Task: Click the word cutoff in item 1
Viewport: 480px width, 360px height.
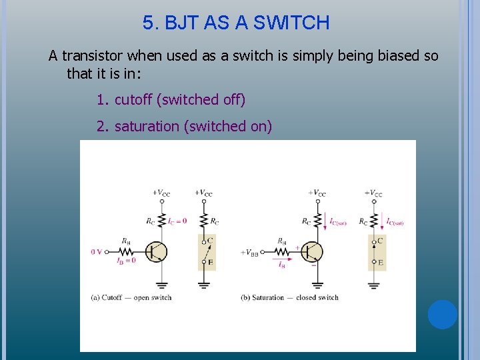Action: (133, 100)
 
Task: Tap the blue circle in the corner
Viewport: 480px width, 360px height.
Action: (442, 315)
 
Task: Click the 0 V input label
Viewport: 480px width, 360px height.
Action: (97, 252)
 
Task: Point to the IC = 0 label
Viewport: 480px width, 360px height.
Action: (177, 221)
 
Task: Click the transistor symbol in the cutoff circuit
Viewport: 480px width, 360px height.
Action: (157, 252)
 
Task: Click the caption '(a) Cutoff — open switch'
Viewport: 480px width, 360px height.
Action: (131, 297)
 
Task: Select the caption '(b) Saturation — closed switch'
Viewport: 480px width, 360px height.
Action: (289, 297)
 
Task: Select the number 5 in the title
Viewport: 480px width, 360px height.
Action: (147, 23)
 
